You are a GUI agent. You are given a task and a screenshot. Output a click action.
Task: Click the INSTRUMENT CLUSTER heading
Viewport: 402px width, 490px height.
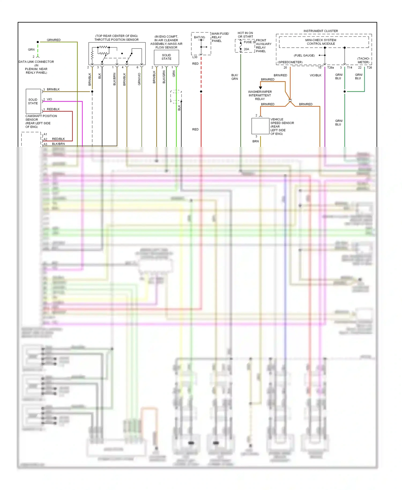point(321,31)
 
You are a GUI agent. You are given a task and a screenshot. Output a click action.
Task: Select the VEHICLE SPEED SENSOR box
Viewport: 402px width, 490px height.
point(260,126)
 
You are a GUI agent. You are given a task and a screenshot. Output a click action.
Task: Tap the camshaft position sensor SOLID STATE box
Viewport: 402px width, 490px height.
point(33,101)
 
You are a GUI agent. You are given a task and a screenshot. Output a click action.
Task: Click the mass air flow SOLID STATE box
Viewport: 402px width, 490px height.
point(166,57)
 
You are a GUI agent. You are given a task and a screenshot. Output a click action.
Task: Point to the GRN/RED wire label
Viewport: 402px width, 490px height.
point(54,40)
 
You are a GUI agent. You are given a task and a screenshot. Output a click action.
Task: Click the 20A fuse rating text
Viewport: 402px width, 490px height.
point(246,49)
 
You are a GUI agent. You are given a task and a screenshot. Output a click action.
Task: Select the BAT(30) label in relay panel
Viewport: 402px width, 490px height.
point(199,37)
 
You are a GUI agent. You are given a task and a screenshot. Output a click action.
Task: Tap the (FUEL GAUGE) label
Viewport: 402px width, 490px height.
point(304,55)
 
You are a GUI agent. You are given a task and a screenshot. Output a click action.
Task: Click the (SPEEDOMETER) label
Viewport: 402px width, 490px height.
point(290,62)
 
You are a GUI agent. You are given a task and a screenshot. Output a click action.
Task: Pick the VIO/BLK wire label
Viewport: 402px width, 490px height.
point(315,75)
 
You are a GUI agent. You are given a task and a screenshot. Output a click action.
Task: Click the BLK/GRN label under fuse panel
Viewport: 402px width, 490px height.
point(234,77)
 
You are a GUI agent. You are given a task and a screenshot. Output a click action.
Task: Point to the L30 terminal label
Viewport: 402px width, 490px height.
point(195,57)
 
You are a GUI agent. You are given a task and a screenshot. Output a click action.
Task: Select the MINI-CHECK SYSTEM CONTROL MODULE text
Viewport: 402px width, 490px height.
point(321,42)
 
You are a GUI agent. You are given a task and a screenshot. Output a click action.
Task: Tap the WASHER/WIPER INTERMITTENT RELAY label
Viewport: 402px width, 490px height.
point(260,95)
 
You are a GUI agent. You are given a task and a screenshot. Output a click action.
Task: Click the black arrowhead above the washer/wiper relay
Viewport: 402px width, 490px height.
point(260,88)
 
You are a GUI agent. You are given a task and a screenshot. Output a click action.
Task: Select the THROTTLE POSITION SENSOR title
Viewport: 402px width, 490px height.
point(116,40)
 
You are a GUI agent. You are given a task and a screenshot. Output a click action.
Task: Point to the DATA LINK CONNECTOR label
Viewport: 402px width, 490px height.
point(36,62)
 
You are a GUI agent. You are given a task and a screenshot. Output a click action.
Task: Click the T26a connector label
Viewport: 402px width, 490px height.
point(330,68)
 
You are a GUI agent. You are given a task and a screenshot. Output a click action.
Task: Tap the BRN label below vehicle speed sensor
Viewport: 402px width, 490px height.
point(255,141)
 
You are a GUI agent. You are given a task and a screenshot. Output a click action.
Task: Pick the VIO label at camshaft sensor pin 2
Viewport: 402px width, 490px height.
point(49,99)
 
